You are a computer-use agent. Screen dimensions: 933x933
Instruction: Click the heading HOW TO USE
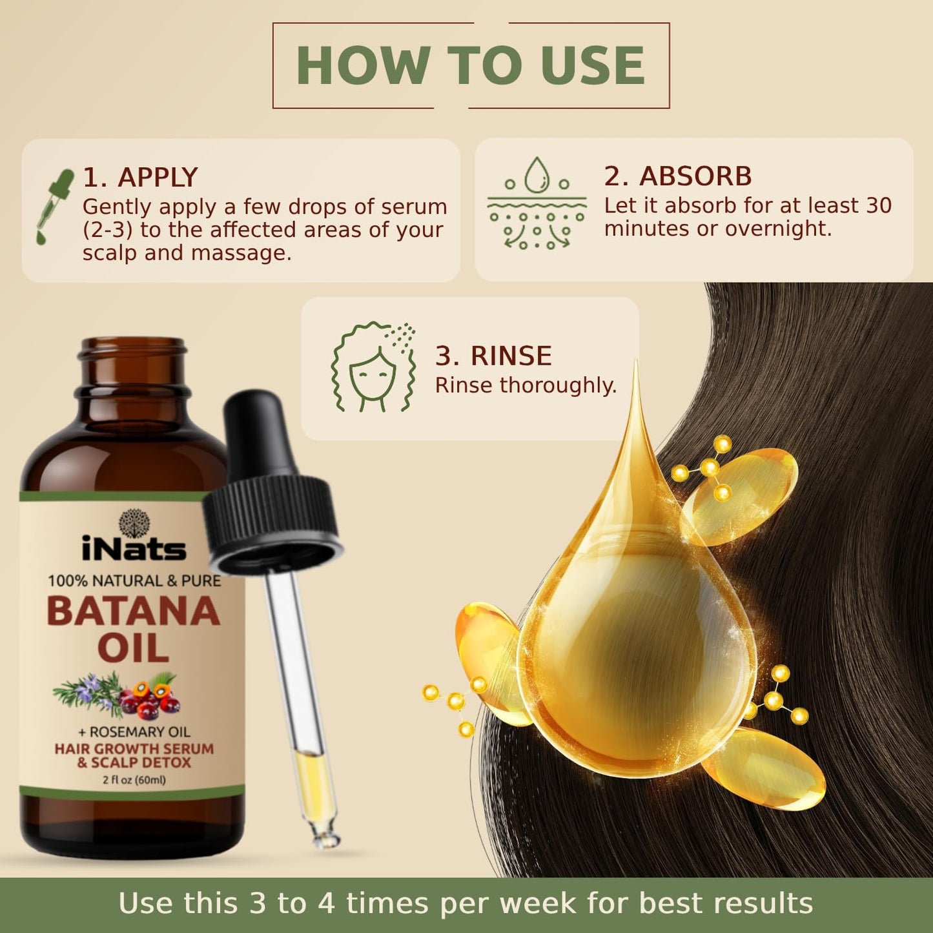pos(470,65)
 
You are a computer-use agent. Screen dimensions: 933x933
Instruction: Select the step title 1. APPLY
pos(140,178)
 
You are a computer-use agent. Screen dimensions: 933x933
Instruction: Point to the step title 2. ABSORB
pos(678,176)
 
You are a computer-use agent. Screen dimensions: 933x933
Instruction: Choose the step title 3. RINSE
pos(493,356)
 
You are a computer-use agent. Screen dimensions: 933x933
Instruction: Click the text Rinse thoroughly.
pos(526,385)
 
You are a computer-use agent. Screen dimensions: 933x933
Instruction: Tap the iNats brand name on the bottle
pos(134,550)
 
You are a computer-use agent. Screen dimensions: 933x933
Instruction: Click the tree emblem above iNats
pos(134,522)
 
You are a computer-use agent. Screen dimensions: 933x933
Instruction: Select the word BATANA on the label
pos(134,611)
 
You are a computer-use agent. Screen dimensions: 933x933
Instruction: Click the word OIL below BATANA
pos(134,648)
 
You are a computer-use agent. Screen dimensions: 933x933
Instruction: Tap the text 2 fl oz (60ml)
pos(134,780)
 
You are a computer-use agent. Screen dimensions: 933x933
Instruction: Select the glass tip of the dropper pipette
pos(325,837)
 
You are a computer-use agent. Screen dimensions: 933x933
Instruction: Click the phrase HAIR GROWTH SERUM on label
pos(134,749)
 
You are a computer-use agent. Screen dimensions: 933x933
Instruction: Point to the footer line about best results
pos(466,903)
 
